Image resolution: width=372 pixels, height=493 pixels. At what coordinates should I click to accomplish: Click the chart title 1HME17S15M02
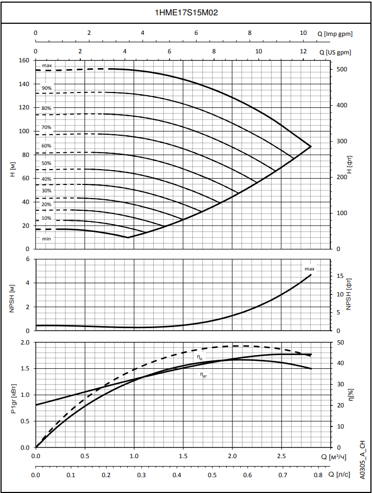coord(186,13)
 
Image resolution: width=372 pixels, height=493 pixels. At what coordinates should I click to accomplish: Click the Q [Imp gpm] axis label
coord(335,33)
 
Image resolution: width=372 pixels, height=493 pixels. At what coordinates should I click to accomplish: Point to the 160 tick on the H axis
coord(24,60)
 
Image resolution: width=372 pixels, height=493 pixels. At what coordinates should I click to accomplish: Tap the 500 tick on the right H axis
coord(342,70)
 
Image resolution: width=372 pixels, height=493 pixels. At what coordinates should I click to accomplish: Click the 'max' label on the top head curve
coord(47,66)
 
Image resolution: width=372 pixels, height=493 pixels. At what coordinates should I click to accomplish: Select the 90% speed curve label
coord(46,88)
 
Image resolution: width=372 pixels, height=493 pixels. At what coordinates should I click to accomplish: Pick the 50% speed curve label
coord(46,163)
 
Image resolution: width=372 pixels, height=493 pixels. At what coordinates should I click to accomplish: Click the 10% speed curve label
coord(46,218)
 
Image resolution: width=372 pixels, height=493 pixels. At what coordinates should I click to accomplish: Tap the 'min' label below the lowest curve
coord(46,238)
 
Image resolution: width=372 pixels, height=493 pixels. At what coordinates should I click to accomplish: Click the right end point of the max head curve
coord(311,146)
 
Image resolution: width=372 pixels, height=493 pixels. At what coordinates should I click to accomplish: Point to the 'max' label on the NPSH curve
coord(309,269)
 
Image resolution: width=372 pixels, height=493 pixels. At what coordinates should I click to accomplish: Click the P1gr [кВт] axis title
coord(12,395)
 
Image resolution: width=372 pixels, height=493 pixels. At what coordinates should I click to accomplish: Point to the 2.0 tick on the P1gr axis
coord(25,342)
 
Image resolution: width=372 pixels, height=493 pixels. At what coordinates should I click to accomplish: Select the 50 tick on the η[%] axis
coord(340,342)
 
